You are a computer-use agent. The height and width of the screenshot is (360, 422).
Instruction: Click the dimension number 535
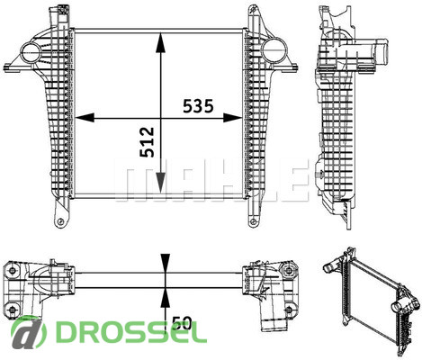[x=198, y=106]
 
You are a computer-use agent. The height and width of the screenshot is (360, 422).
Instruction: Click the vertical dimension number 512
[x=148, y=142]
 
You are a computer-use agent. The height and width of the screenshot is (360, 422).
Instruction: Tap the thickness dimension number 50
[x=182, y=323]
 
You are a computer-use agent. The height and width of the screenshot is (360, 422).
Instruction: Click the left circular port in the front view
[x=31, y=52]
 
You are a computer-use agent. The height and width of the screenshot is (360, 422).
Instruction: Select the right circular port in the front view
[x=273, y=49]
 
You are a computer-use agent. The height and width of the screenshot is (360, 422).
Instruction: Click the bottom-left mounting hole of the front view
[x=61, y=221]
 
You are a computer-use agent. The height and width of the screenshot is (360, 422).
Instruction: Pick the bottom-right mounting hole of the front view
[x=254, y=222]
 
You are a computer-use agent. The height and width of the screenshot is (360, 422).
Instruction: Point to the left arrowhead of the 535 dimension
[x=85, y=118]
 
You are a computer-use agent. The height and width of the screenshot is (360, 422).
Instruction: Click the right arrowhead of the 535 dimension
[x=232, y=118]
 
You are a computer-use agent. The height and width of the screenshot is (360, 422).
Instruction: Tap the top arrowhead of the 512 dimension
[x=161, y=43]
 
